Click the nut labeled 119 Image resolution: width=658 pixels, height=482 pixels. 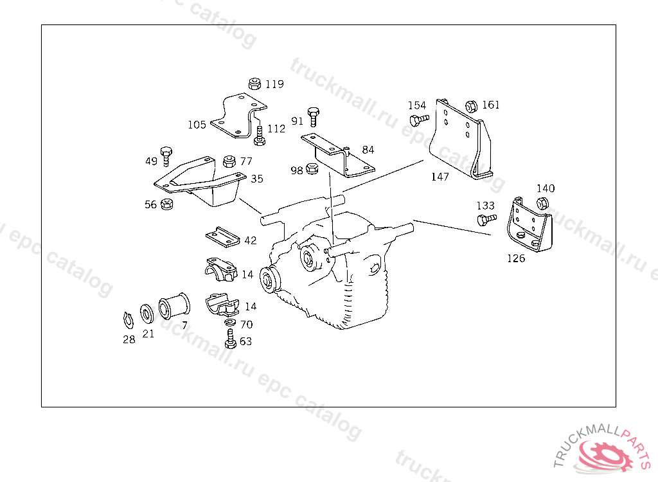coord(254,84)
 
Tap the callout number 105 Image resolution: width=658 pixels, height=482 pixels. coord(197,125)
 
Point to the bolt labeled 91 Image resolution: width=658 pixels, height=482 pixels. coord(313,117)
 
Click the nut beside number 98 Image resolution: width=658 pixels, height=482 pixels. coord(312,169)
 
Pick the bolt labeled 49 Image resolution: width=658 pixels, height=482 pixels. coord(166,156)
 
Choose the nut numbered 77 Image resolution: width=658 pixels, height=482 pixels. coord(229,161)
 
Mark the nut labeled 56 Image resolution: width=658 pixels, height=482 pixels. coord(166,204)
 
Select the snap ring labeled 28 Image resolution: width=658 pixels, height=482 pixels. coord(128,320)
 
